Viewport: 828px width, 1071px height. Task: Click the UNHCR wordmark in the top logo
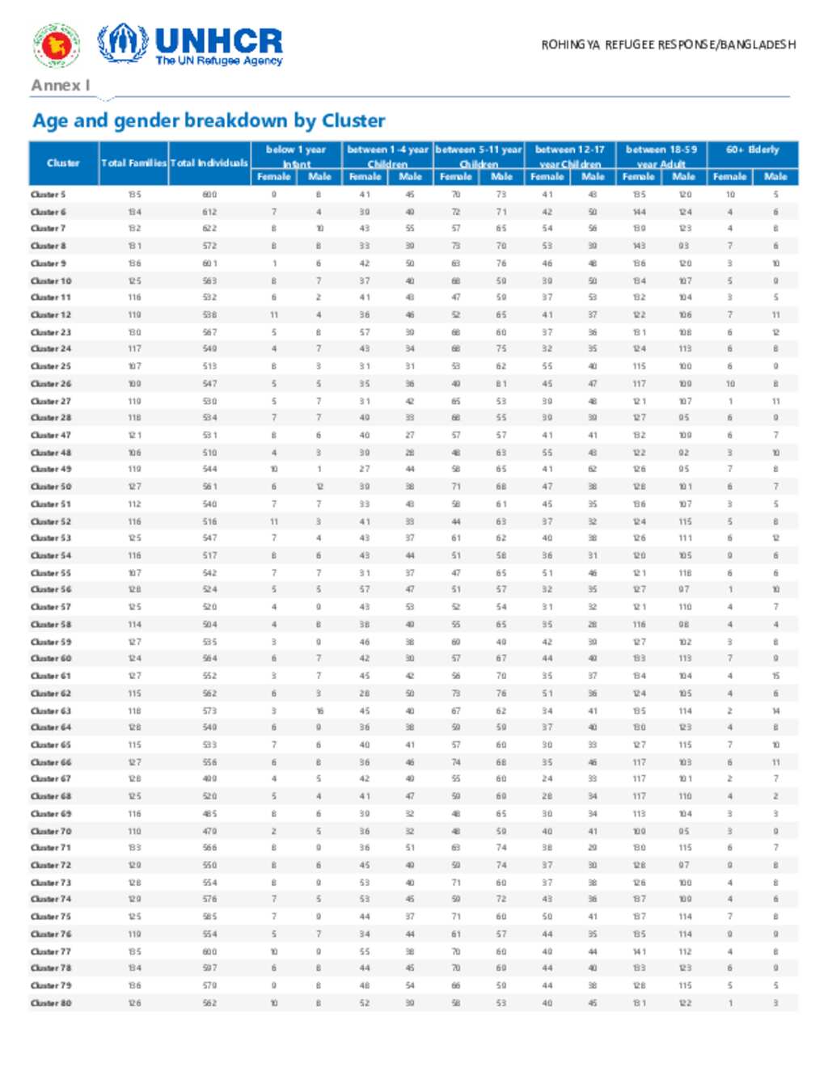point(218,40)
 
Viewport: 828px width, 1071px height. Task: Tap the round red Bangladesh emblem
point(56,45)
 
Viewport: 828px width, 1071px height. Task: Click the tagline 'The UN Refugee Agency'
point(218,61)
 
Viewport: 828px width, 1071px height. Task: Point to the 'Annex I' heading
point(60,85)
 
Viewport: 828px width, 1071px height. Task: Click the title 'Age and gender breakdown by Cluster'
point(209,120)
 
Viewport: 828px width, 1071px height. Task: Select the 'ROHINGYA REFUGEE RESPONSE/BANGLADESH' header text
point(668,44)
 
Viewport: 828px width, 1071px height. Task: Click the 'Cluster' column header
point(63,162)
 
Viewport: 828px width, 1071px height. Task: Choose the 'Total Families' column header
point(134,162)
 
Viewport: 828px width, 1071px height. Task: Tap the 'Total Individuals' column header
point(209,162)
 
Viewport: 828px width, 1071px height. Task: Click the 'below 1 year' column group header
point(296,150)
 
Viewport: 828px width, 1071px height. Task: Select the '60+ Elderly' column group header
point(752,150)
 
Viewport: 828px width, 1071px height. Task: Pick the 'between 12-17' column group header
point(570,150)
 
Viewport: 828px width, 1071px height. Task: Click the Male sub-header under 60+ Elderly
point(775,176)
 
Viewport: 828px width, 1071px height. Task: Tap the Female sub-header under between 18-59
point(638,176)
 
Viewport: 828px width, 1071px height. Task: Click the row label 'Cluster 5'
point(48,194)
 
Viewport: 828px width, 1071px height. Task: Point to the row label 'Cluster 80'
point(50,1003)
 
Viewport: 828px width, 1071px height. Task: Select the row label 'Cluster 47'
point(50,435)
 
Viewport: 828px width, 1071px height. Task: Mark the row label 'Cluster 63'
point(50,710)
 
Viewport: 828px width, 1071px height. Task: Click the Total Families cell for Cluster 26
point(134,384)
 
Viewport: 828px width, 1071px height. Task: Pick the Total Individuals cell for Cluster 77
point(209,951)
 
